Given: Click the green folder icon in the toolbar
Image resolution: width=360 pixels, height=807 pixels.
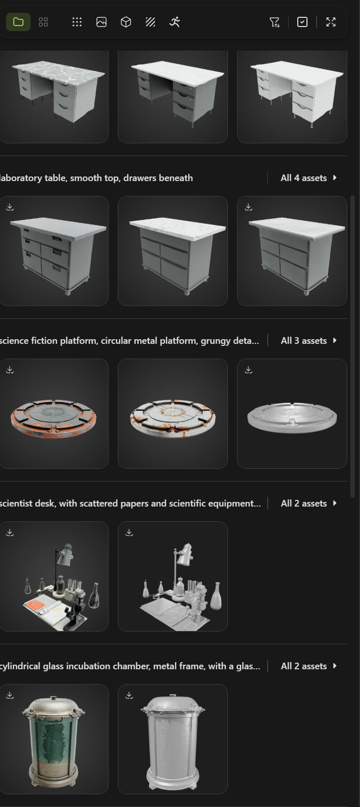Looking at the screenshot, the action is pos(18,22).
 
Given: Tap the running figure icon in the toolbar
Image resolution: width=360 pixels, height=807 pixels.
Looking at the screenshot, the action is pos(174,22).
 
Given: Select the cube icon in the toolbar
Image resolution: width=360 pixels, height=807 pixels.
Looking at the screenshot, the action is pos(125,22).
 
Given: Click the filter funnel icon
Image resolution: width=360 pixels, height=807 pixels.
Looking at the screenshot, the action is pos(274,22).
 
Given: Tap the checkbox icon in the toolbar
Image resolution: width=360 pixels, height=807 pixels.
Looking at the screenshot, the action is pos(302,22).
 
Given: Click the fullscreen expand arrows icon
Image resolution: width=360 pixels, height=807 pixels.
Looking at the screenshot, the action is pos(331,22).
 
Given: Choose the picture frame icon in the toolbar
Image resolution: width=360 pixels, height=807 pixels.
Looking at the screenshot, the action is pos(101,22).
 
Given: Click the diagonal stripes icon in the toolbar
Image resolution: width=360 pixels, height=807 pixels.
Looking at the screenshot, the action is pos(150,22).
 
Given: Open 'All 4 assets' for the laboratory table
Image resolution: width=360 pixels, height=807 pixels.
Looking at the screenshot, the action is pos(308,178).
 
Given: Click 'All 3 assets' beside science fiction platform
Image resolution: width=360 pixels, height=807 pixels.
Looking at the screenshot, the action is pos(308,341).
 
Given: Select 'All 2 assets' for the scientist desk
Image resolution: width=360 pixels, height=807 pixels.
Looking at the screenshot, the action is pos(308,503).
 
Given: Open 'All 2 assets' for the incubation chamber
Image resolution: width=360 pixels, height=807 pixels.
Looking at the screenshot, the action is pos(308,666).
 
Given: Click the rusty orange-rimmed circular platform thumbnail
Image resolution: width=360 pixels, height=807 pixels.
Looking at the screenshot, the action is pos(54,418).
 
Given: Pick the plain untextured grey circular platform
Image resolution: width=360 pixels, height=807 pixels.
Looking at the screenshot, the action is pos(292,418).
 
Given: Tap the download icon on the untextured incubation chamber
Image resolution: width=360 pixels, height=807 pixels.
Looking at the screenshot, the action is pos(129,695).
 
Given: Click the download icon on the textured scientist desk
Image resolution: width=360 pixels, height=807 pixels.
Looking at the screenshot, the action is pos(10,533).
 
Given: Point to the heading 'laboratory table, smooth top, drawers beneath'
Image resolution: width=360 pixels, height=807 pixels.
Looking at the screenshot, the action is pos(96,178).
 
